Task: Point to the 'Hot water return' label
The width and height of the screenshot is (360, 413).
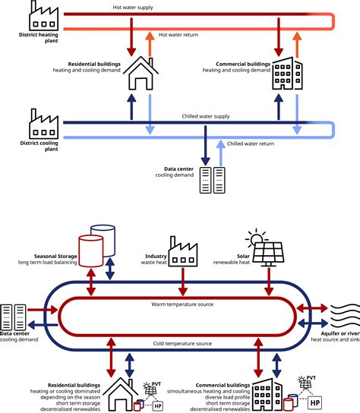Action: point(180,34)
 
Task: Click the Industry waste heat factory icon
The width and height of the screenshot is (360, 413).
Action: point(182,251)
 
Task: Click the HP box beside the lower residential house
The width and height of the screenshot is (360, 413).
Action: point(157,406)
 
